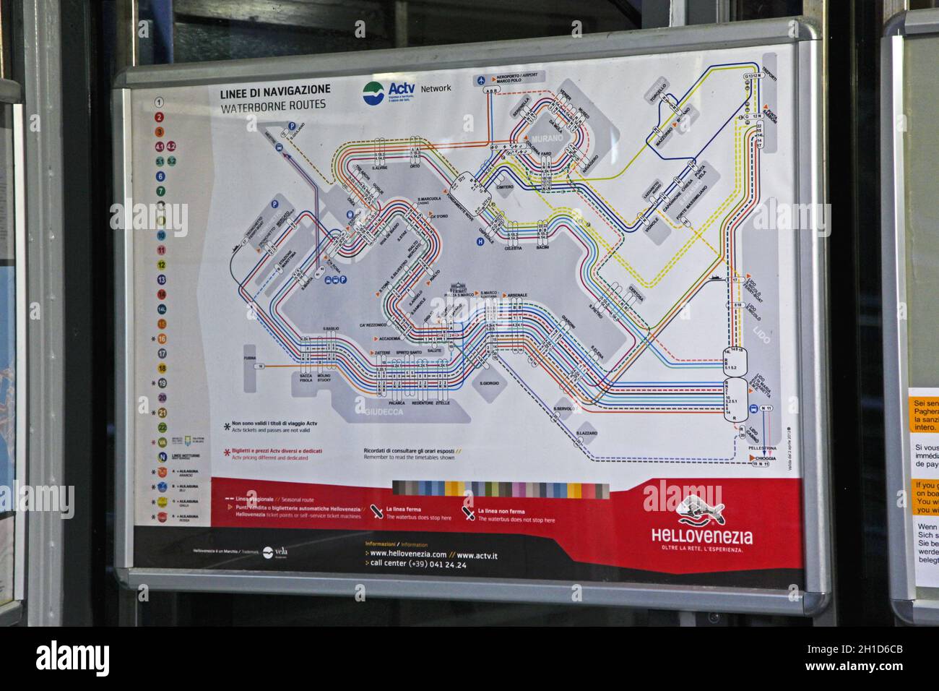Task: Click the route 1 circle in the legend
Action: point(160,102)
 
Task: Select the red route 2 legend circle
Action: point(160,116)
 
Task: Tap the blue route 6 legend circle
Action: point(160,176)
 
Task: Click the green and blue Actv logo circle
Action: point(373,92)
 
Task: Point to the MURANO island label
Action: point(549,138)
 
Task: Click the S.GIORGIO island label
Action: point(490,382)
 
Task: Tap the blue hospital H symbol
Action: point(479,242)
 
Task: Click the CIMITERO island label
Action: point(504,187)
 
